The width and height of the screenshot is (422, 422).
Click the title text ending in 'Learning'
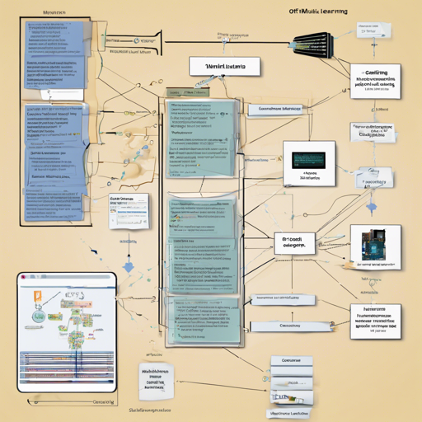pyautogui.click(x=317, y=12)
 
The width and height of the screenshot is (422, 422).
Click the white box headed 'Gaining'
pyautogui.click(x=375, y=81)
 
